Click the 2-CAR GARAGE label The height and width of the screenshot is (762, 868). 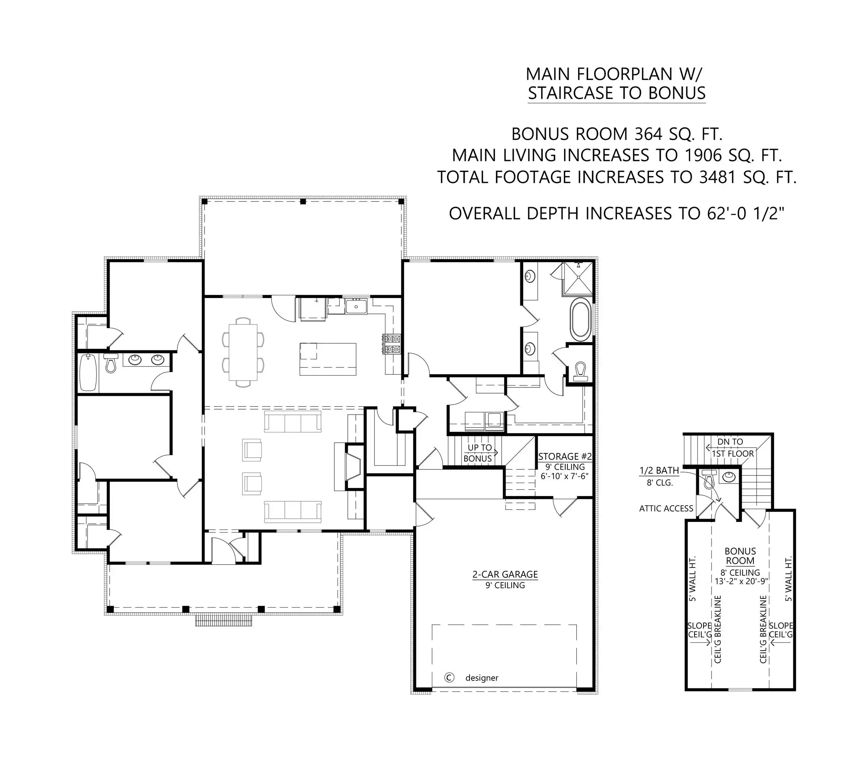point(505,574)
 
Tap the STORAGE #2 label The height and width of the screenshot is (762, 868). point(565,456)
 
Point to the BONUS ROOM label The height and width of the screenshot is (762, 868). point(740,555)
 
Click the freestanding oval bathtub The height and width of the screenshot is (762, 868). point(580,319)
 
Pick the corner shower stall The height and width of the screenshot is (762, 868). point(577,278)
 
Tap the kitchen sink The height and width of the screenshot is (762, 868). point(356,306)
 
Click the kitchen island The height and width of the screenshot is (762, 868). point(328,359)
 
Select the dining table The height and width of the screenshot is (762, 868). point(243,352)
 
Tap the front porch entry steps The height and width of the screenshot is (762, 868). point(223,620)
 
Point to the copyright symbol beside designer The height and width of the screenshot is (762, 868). point(449,677)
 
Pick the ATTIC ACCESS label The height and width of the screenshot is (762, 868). point(666,508)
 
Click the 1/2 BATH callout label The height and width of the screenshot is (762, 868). point(659,470)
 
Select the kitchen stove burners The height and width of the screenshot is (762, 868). point(392,344)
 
